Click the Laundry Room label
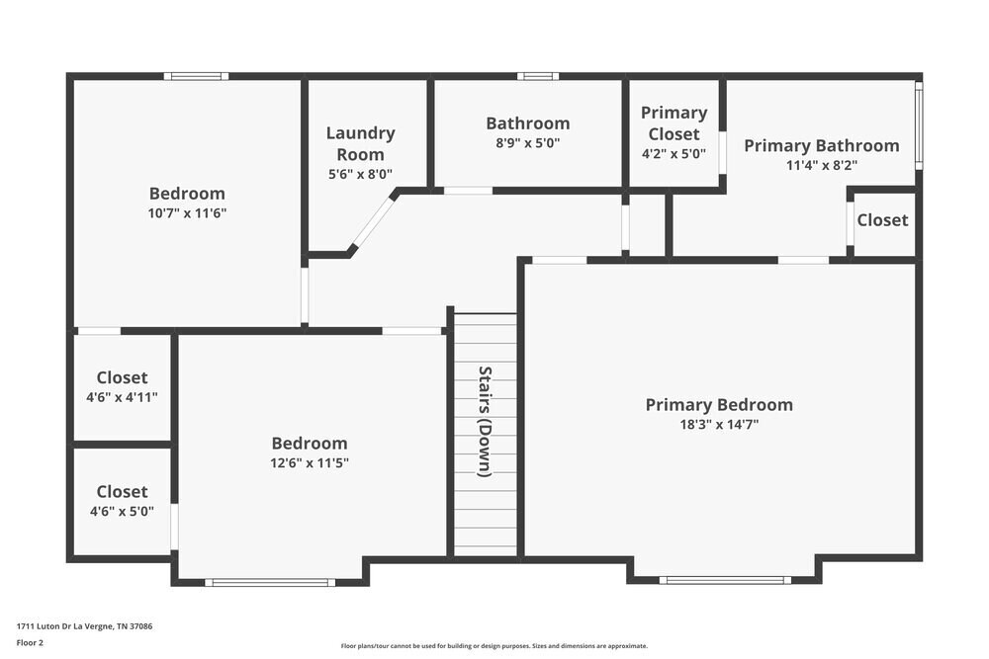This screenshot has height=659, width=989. tap(360, 143)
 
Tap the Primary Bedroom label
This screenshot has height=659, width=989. tap(719, 405)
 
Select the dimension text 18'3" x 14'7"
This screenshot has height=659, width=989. tap(719, 425)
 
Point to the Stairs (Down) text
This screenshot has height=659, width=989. tap(485, 421)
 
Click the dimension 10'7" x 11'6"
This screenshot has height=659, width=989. tap(187, 213)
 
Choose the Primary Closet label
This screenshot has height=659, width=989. tap(674, 124)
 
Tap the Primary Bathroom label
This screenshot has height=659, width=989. tap(821, 146)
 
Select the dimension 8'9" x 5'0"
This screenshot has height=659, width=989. tap(527, 142)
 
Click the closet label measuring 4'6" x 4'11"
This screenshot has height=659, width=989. tap(123, 377)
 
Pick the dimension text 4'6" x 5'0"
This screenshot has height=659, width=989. tap(123, 512)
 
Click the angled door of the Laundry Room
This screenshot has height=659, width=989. tap(373, 223)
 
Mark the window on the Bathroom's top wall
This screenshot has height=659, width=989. tap(537, 76)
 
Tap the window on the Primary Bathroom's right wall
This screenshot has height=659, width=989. tap(918, 124)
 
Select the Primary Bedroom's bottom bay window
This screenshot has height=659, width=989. tap(725, 580)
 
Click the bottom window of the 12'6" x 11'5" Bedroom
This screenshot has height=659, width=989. tap(270, 582)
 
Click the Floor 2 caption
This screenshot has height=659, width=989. tap(30, 642)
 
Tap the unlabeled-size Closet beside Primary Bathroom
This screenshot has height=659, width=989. tap(882, 220)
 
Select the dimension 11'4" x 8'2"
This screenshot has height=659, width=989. tap(821, 166)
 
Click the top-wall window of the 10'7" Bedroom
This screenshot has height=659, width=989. tap(196, 76)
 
